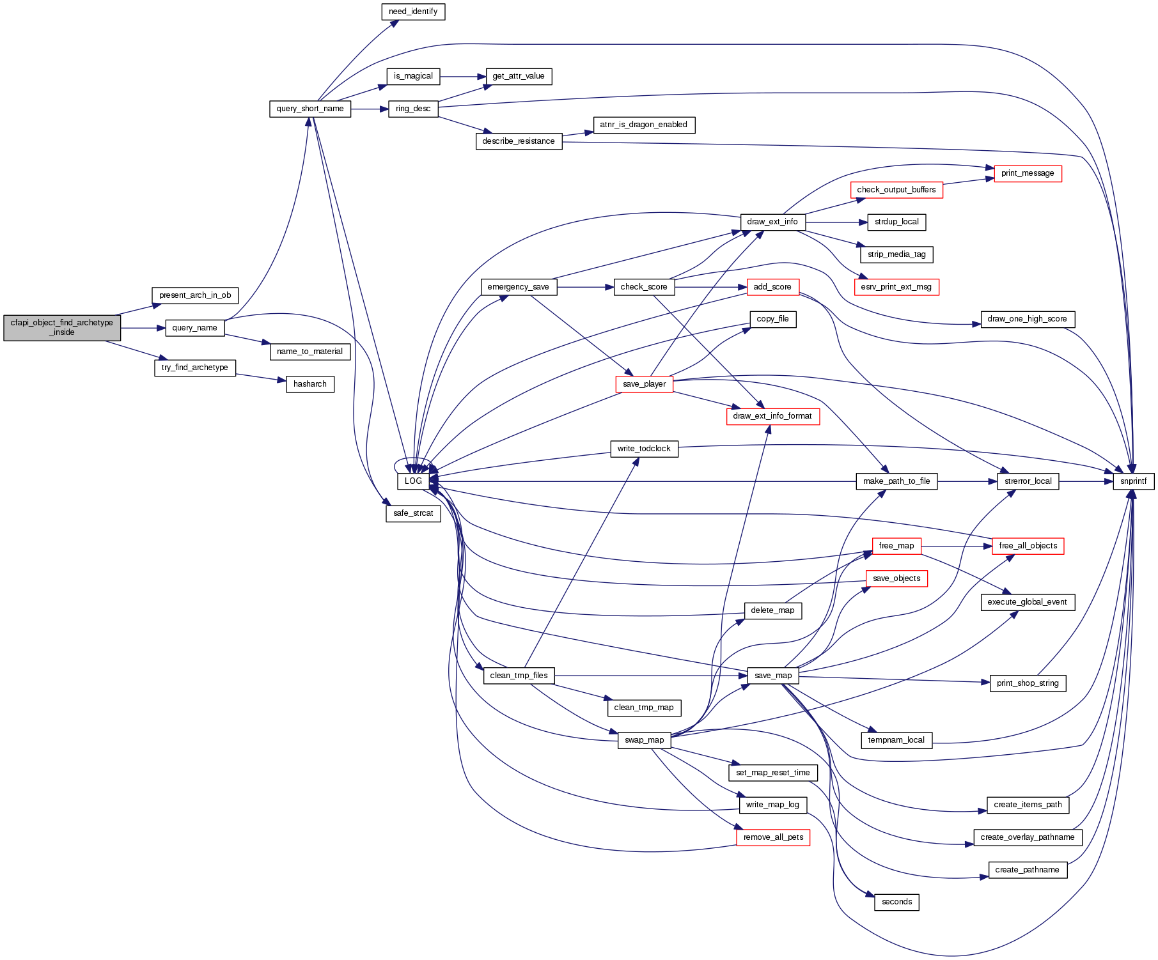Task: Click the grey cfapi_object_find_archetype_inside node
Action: tap(62, 327)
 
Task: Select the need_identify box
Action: tap(413, 12)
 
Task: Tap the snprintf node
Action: tap(1133, 481)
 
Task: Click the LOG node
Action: tap(413, 481)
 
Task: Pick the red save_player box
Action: tap(644, 384)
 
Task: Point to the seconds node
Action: tap(896, 902)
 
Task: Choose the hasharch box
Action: tap(310, 384)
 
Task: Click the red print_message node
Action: tap(1028, 173)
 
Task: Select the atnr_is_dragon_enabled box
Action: tap(643, 125)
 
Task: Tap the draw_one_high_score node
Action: tap(1027, 319)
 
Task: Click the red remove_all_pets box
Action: tap(773, 837)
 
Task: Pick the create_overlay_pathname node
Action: tap(1027, 837)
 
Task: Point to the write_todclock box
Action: tap(644, 449)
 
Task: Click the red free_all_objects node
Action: tap(1028, 546)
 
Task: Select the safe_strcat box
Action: tap(413, 513)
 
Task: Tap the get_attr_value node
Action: tap(519, 76)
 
